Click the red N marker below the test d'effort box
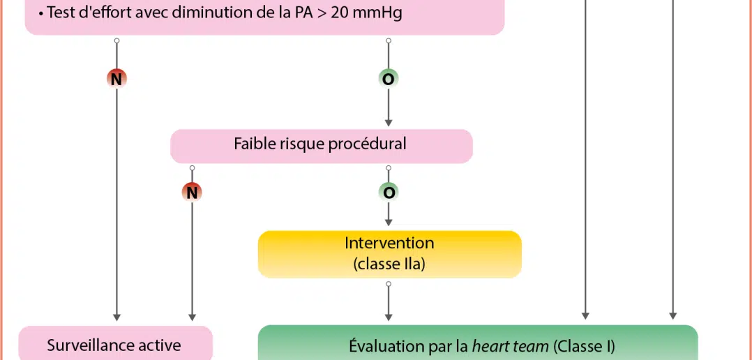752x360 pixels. (x=116, y=79)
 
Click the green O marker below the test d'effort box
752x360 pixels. (x=389, y=79)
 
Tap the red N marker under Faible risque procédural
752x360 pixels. (x=192, y=191)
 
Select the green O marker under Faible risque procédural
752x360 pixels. (x=389, y=191)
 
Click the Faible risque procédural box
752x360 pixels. (x=321, y=145)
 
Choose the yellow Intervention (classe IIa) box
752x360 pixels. (x=389, y=254)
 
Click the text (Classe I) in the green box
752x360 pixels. (x=584, y=345)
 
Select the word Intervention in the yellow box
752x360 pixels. (x=389, y=243)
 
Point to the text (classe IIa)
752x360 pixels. (x=389, y=264)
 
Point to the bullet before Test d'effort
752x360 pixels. (x=41, y=13)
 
